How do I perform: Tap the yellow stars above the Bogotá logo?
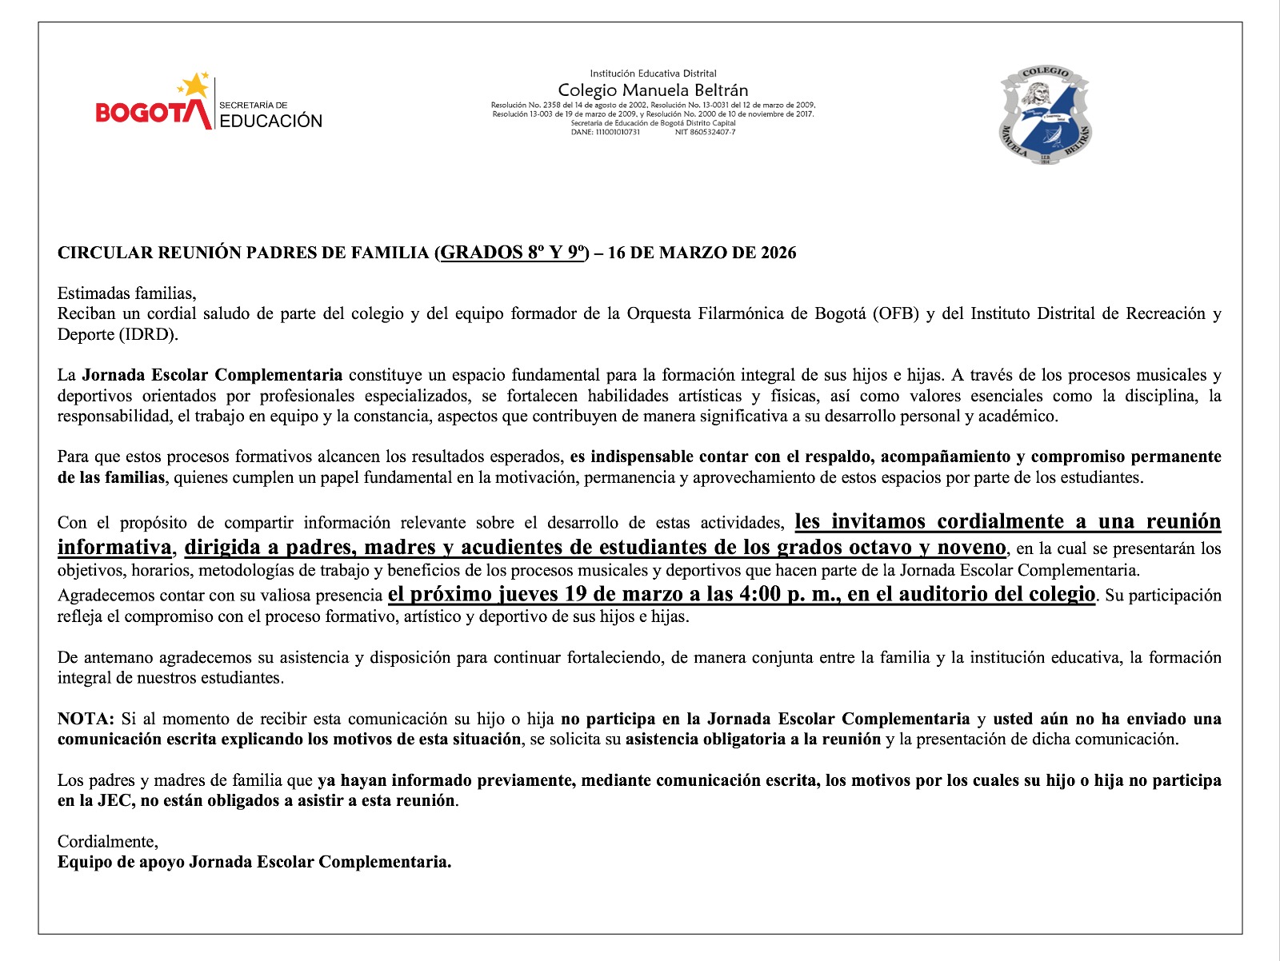(x=194, y=85)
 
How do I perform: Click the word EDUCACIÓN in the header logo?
(x=270, y=122)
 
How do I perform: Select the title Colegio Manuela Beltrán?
(x=653, y=90)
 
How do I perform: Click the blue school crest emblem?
(x=1046, y=117)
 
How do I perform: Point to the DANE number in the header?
(x=606, y=133)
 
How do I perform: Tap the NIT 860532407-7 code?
(x=705, y=133)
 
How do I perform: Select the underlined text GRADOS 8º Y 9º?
(x=512, y=253)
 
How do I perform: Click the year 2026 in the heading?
(x=778, y=253)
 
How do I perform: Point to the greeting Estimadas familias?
(x=126, y=293)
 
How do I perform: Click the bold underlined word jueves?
(x=528, y=594)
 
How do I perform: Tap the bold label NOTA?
(x=86, y=719)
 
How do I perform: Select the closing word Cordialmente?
(x=107, y=842)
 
